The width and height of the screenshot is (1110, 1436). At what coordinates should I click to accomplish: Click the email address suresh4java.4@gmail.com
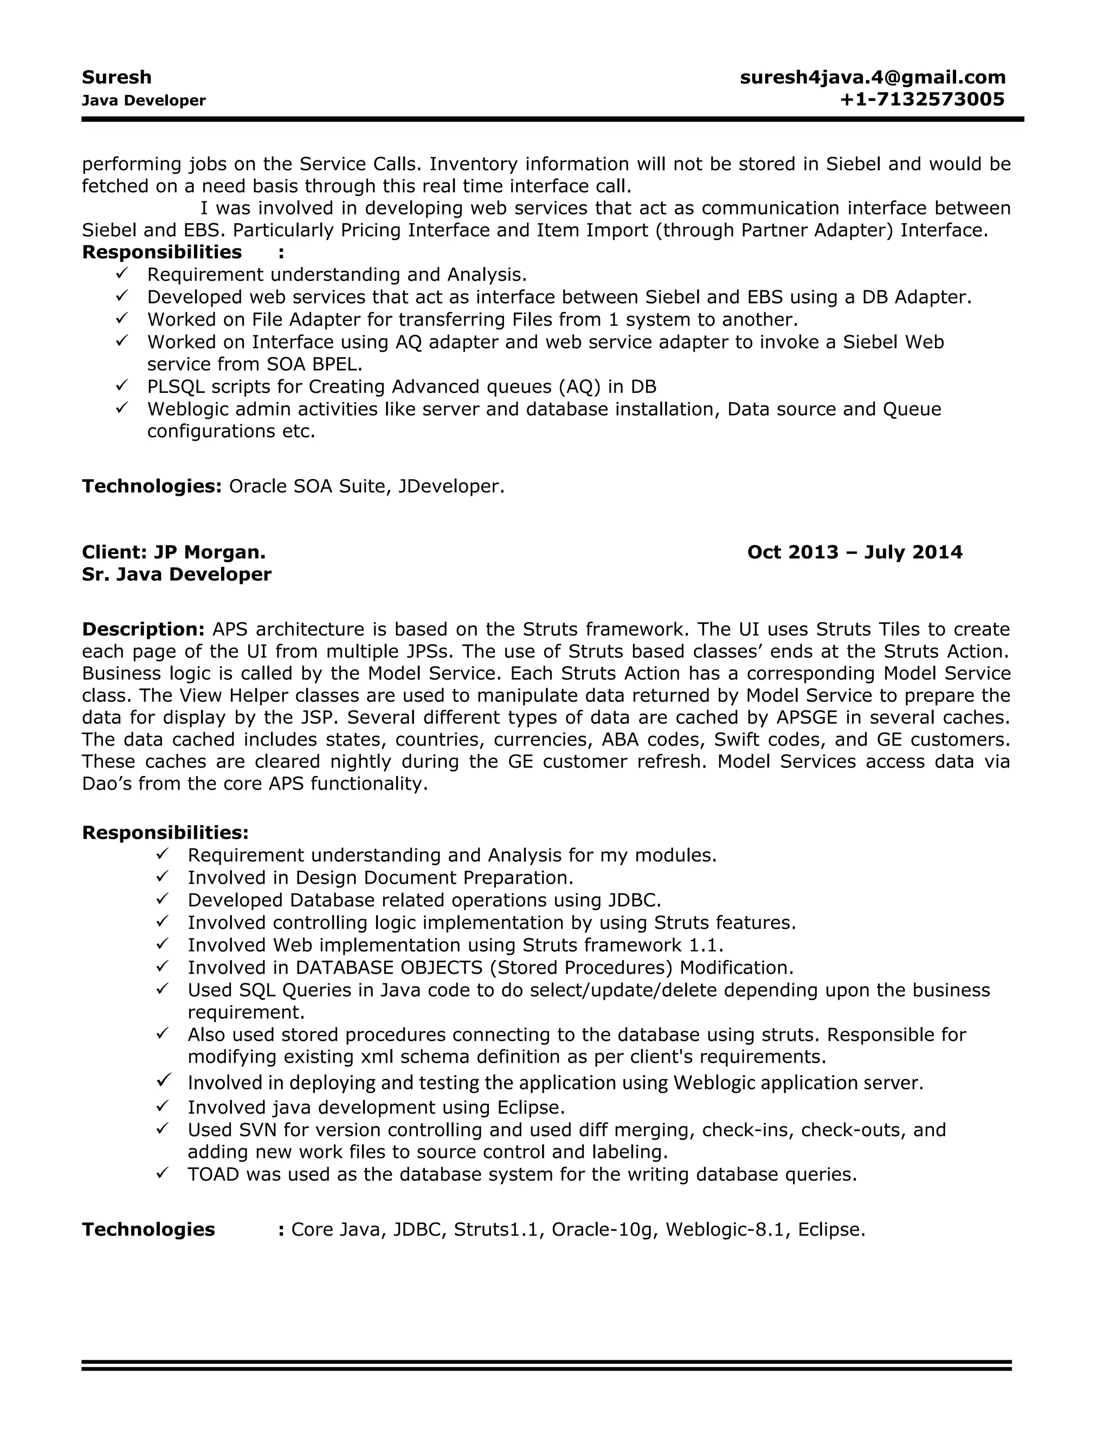873,77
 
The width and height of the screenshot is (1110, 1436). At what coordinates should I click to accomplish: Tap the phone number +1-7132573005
922,99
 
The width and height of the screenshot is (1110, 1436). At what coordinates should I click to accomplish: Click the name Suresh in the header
117,77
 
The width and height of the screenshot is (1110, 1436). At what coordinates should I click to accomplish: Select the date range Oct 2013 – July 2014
854,552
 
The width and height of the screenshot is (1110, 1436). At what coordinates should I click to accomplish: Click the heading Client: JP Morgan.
173,552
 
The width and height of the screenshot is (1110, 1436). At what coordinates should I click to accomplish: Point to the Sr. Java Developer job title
176,574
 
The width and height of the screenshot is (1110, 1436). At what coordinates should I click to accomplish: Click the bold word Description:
143,629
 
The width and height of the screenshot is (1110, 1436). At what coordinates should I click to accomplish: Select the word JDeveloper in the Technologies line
450,486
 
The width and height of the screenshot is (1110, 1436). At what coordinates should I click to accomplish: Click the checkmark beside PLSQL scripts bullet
121,385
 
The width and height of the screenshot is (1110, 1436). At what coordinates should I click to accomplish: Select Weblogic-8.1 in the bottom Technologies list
725,1230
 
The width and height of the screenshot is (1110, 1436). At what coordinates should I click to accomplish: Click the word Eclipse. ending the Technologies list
831,1230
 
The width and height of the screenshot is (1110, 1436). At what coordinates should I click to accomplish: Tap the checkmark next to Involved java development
163,1107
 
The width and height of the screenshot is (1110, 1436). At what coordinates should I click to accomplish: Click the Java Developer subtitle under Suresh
143,101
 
